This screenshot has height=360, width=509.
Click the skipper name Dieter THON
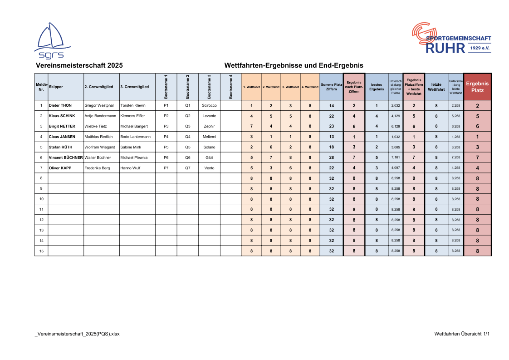click(x=60, y=105)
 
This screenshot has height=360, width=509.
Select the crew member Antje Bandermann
click(x=100, y=116)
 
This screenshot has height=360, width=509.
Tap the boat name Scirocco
click(x=209, y=105)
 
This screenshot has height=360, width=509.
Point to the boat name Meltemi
click(x=209, y=137)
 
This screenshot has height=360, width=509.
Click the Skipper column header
click(x=56, y=86)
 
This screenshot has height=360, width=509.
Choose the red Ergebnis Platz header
click(x=477, y=87)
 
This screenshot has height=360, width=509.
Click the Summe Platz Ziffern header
click(x=331, y=86)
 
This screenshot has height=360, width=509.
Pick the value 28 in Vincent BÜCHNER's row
click(x=332, y=158)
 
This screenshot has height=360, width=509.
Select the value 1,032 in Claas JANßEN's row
click(x=396, y=137)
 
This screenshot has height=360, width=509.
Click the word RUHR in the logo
click(x=445, y=48)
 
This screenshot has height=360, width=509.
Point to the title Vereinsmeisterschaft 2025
click(x=79, y=65)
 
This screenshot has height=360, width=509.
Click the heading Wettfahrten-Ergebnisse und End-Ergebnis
click(x=294, y=65)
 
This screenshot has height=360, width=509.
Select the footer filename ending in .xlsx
click(x=77, y=334)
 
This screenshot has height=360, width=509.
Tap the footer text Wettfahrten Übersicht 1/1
click(x=462, y=334)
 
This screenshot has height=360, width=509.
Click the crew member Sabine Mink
click(x=131, y=147)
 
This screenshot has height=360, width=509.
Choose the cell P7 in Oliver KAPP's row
click(x=166, y=168)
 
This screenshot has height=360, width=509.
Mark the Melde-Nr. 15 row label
click(x=41, y=251)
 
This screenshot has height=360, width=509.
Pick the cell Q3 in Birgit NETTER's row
click(x=188, y=126)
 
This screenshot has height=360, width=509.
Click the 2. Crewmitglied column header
click(x=99, y=86)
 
